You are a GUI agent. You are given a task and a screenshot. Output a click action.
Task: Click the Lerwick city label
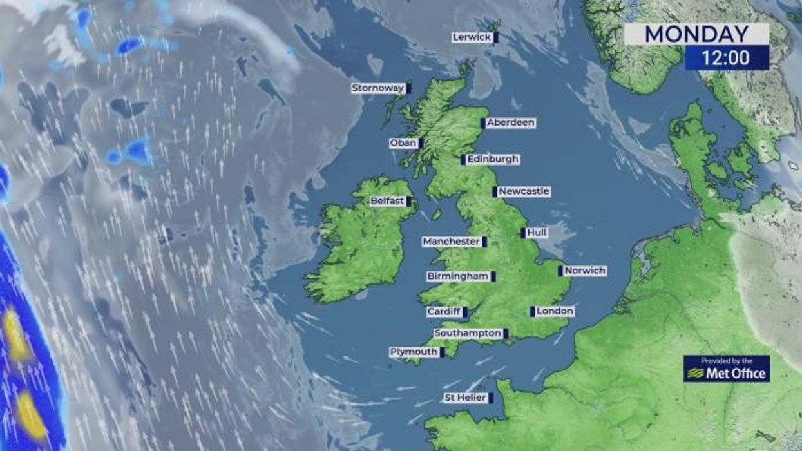point(472,37)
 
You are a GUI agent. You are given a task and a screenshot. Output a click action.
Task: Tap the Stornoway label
point(378,88)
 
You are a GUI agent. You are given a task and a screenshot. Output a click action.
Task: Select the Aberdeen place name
point(511,122)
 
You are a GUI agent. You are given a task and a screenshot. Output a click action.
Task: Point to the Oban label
point(404,143)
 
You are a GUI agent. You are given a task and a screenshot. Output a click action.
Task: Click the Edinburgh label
point(493,159)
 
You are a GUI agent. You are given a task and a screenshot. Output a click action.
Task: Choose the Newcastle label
point(524,191)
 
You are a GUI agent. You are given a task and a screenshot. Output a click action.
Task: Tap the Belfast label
point(387,201)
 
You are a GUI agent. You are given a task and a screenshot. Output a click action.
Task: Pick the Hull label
point(536,233)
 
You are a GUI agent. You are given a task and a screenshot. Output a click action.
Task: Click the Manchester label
point(452,242)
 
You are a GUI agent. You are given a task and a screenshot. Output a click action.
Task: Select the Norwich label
point(585,271)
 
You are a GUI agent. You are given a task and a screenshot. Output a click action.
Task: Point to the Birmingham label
point(458,276)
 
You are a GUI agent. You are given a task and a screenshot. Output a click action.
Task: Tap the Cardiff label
point(444,312)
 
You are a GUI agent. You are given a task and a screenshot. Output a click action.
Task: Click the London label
point(555,311)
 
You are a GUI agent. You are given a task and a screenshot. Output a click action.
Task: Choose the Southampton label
point(468,333)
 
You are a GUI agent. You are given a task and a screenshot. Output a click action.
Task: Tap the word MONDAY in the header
point(696,34)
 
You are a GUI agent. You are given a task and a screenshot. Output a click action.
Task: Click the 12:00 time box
point(726,58)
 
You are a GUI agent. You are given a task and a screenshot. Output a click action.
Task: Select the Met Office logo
point(727,369)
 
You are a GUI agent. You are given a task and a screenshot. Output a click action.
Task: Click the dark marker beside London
point(532,311)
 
